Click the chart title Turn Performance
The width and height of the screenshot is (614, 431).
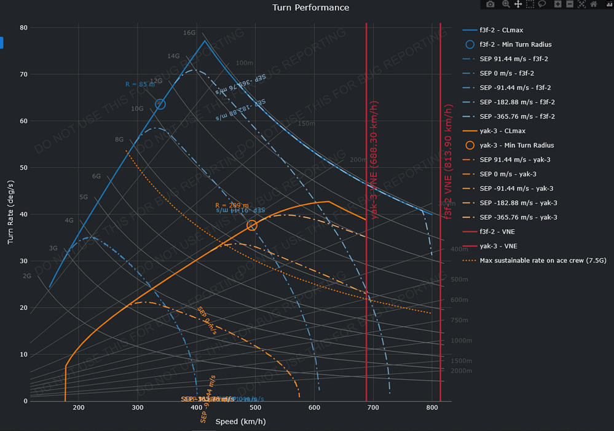tap(311, 7)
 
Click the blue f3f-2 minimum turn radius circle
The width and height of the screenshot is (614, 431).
tap(160, 105)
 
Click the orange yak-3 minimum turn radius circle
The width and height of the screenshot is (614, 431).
tap(252, 226)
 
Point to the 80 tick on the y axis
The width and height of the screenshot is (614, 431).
tap(23, 28)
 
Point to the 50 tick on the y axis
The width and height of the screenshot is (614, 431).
tap(23, 168)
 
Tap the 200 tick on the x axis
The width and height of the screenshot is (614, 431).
tap(79, 408)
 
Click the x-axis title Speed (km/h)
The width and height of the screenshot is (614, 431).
tap(240, 422)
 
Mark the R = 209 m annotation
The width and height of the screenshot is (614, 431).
tap(232, 205)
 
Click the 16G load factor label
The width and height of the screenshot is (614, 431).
tap(189, 33)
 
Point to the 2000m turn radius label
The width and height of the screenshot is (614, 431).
tap(461, 371)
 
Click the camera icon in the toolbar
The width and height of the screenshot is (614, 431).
tap(490, 4)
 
